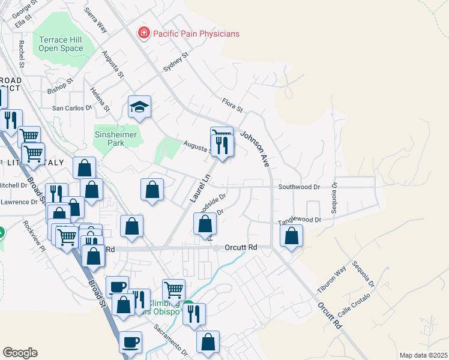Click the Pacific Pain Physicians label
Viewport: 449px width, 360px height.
(x=196, y=34)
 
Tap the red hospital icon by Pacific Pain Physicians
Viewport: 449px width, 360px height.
(x=143, y=33)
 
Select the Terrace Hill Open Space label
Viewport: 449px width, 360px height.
(x=61, y=44)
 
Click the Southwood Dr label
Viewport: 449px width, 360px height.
(x=300, y=187)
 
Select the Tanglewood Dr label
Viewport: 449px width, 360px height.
(x=301, y=221)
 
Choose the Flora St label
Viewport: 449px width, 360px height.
(x=232, y=107)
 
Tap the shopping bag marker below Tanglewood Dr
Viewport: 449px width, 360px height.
(x=292, y=236)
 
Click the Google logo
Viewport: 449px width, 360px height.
(x=20, y=353)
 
